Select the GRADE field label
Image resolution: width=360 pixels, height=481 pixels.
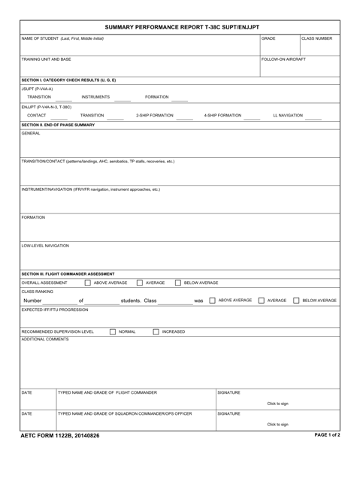[268, 38]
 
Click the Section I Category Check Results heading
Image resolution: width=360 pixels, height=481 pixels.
[68, 79]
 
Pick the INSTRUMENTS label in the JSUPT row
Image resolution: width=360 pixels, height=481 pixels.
[95, 97]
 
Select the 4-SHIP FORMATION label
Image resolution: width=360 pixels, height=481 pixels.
[222, 115]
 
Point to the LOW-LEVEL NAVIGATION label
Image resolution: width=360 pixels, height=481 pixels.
[45, 245]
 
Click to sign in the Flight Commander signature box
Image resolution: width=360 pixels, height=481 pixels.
[277, 404]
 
